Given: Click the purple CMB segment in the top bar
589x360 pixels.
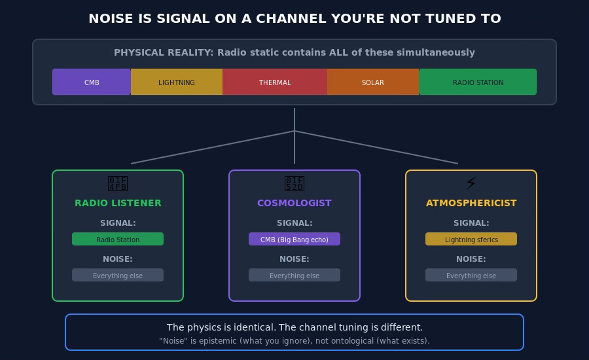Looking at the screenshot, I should tap(92, 82).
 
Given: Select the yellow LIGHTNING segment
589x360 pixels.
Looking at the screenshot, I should tap(177, 82).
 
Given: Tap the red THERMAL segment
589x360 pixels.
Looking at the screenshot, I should tap(275, 82).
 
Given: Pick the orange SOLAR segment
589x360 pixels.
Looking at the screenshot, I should tap(373, 82).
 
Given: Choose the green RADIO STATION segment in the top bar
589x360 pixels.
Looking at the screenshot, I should tap(478, 82).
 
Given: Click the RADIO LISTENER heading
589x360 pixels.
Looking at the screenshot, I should tap(118, 203).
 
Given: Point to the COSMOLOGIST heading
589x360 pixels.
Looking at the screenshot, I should tap(294, 203).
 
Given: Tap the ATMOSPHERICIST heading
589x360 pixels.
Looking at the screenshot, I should tap(471, 203).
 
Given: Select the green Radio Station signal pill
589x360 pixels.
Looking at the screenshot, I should tap(118, 239).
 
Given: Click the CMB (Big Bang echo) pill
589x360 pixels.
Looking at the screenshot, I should tap(294, 239).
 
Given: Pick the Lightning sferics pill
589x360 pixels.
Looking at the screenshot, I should tap(471, 239).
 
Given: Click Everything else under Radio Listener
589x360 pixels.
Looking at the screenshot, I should tap(118, 275).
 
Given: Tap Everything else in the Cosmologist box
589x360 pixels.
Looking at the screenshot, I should tap(294, 275).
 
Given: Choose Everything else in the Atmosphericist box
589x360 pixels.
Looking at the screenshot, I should tap(471, 275).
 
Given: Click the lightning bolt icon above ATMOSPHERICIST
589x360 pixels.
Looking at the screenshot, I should tap(471, 183).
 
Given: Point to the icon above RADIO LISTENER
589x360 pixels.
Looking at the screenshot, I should tap(118, 183).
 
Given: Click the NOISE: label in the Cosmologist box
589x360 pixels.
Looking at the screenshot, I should tap(294, 259).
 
